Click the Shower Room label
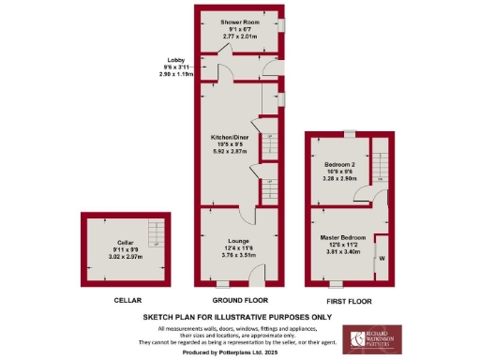[x=239, y=21]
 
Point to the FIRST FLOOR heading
[x=349, y=301]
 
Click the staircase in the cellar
[x=157, y=233]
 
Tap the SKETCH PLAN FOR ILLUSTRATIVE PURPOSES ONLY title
[x=240, y=318]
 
